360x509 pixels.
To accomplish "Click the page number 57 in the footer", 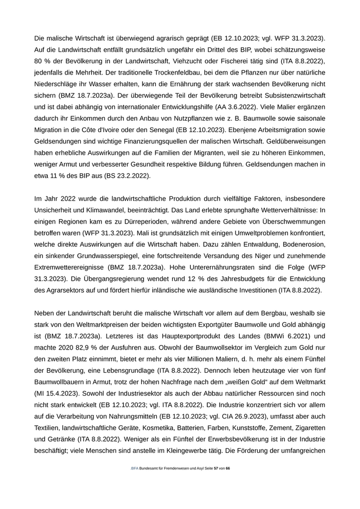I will click(215, 468).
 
